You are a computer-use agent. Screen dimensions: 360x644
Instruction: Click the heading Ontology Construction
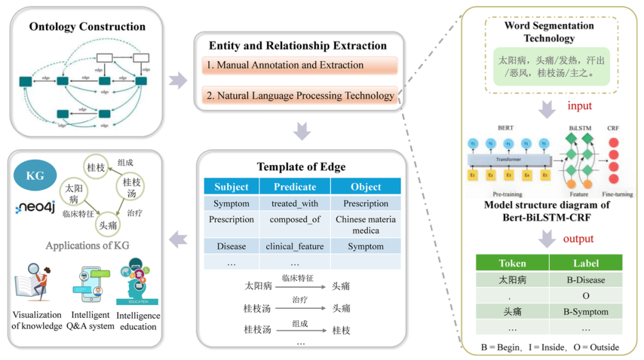87,27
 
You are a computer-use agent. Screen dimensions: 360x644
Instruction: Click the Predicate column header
295,187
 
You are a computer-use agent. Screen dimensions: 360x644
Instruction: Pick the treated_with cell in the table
295,203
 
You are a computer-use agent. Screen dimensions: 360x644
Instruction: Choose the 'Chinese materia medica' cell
366,225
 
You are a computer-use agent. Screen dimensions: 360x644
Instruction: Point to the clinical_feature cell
295,246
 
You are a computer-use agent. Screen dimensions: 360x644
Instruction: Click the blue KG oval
36,176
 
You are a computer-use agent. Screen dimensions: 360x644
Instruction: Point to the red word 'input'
579,106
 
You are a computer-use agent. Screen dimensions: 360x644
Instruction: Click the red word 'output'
578,239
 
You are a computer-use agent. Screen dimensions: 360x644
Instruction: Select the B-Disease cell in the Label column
586,280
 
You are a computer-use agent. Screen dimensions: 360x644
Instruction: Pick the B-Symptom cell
586,311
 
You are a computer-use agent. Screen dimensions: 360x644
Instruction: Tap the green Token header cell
512,263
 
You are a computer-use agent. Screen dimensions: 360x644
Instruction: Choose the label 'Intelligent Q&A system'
90,320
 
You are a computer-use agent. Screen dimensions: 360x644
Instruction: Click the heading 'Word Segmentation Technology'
549,32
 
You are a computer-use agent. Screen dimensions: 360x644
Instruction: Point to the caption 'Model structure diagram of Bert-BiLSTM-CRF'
546,210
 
